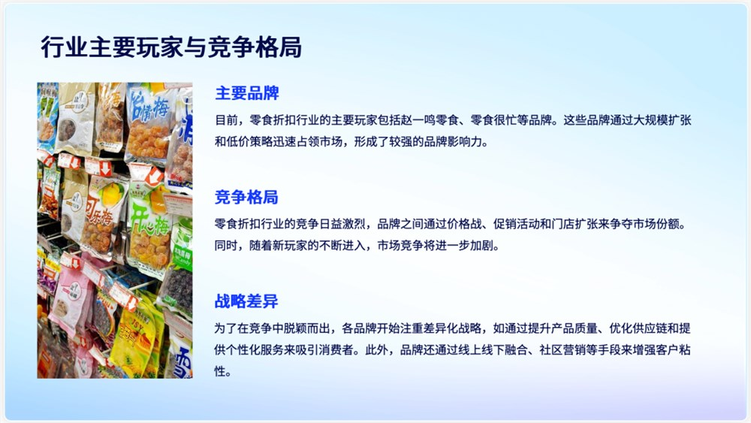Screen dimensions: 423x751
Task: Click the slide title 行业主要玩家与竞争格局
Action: (171, 47)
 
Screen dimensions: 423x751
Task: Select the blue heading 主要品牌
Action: (247, 94)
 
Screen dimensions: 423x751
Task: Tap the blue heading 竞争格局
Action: (247, 198)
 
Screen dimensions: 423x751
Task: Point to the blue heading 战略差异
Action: (247, 302)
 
